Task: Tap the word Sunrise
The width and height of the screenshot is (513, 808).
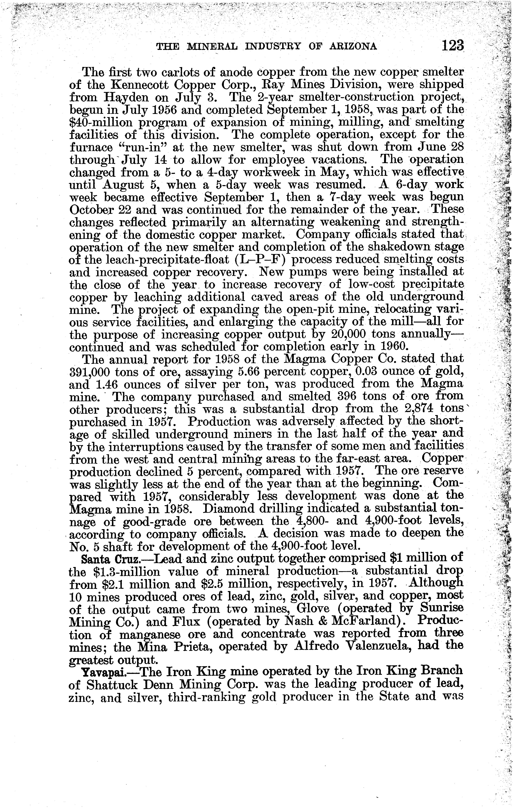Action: pyautogui.click(x=440, y=609)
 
